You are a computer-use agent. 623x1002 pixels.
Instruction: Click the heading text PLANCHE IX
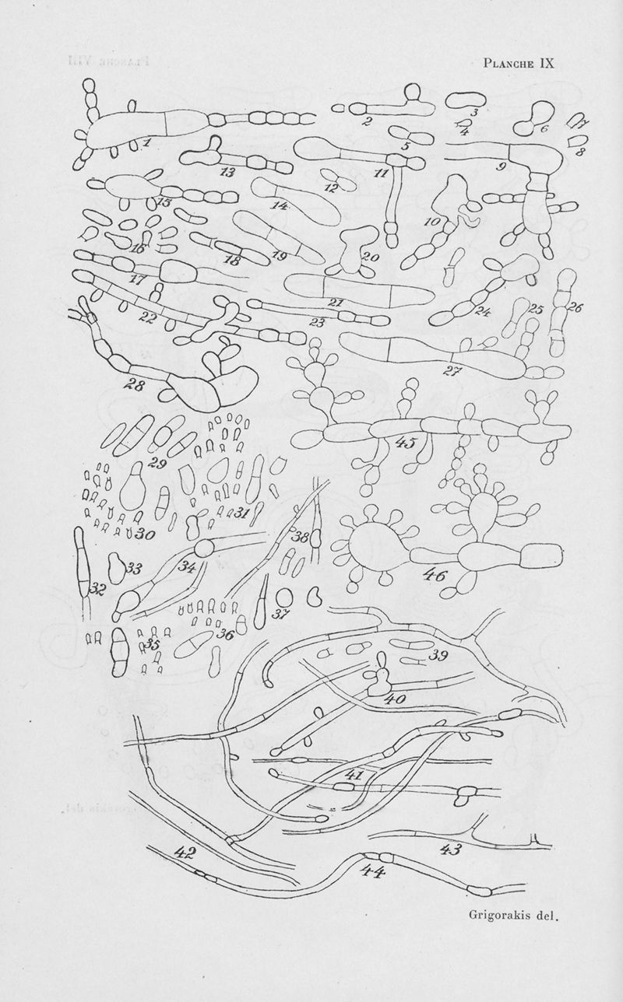coord(519,63)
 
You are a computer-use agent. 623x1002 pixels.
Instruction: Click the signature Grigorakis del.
coord(515,915)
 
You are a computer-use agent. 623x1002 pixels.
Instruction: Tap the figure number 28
coord(135,384)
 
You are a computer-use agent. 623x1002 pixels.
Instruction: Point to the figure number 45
coord(406,443)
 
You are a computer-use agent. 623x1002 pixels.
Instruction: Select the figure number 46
coord(435,576)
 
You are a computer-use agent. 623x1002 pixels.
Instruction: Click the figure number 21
coord(336,303)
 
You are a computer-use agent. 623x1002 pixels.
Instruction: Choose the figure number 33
coord(134,569)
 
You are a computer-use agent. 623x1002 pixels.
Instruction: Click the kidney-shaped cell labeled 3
coord(463,100)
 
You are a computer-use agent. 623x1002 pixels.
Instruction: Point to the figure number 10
coord(435,222)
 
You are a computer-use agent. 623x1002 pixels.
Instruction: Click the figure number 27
coord(452,371)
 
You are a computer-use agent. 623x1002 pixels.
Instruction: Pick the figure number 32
coord(97,590)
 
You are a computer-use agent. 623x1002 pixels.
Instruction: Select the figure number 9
coord(502,167)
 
